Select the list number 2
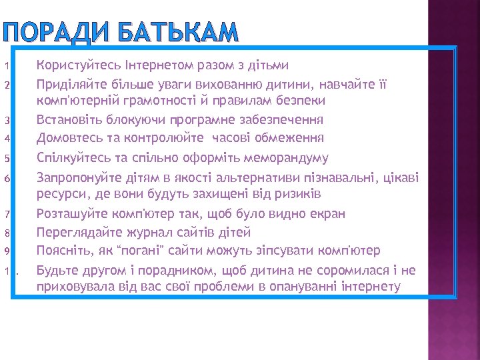5,85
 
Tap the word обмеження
289,139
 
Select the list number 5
5,159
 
